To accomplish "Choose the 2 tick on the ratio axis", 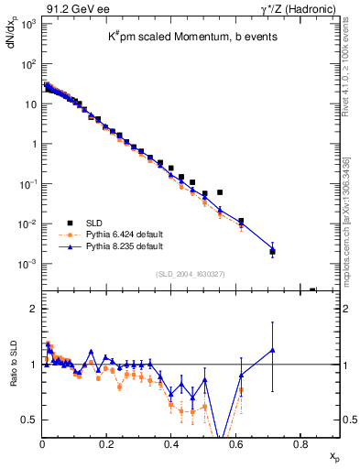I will (x=32, y=309).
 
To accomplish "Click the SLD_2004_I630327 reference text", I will (x=191, y=274).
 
